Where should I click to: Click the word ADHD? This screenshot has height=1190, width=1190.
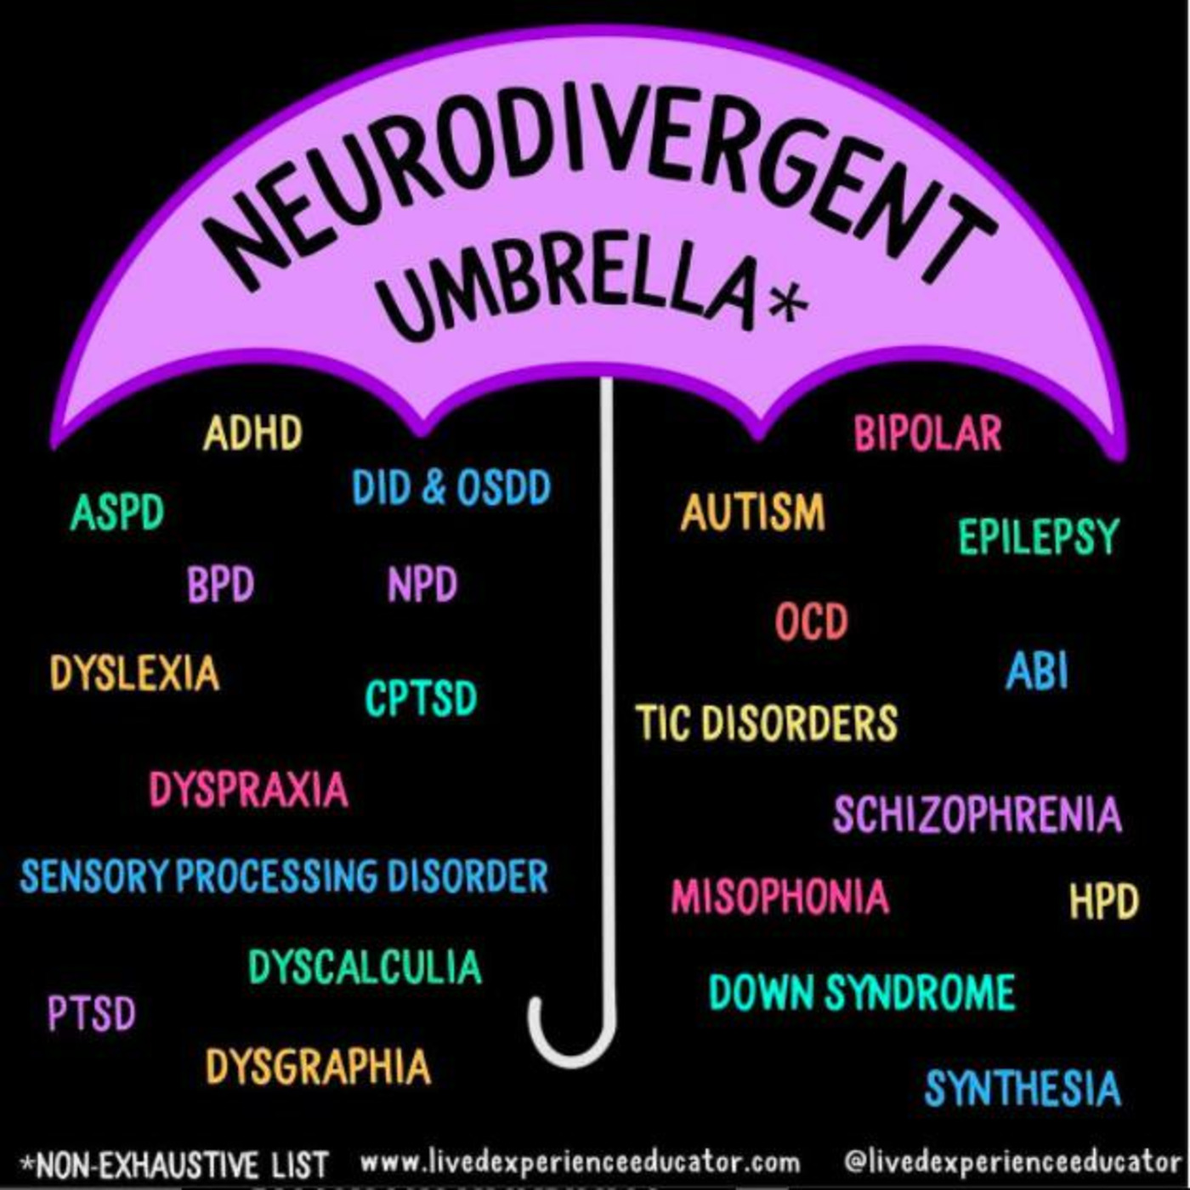pyautogui.click(x=252, y=433)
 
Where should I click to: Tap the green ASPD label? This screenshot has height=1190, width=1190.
pyautogui.click(x=117, y=512)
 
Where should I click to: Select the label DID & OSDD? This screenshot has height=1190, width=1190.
pyautogui.click(x=451, y=487)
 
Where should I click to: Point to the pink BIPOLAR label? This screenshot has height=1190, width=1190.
pyautogui.click(x=927, y=433)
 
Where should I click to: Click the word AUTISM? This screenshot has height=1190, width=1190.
pyautogui.click(x=752, y=512)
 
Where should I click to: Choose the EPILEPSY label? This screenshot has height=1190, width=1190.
pyautogui.click(x=1038, y=536)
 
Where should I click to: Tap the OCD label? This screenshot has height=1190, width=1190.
pyautogui.click(x=811, y=621)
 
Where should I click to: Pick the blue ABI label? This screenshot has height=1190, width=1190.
pyautogui.click(x=1036, y=671)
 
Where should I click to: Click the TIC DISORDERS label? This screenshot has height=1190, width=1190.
pyautogui.click(x=766, y=722)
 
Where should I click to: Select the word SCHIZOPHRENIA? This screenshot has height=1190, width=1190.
pyautogui.click(x=977, y=814)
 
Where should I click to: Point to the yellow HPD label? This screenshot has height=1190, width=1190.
pyautogui.click(x=1103, y=901)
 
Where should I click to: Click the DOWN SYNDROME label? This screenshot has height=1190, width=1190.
pyautogui.click(x=862, y=992)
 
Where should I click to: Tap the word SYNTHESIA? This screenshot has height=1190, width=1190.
pyautogui.click(x=1023, y=1088)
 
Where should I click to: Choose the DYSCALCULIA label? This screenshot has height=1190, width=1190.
pyautogui.click(x=365, y=967)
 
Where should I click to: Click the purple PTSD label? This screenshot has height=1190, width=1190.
pyautogui.click(x=92, y=1013)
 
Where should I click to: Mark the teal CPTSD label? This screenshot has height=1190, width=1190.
pyautogui.click(x=421, y=698)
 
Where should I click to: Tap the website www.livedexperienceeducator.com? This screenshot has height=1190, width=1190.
pyautogui.click(x=580, y=1162)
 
